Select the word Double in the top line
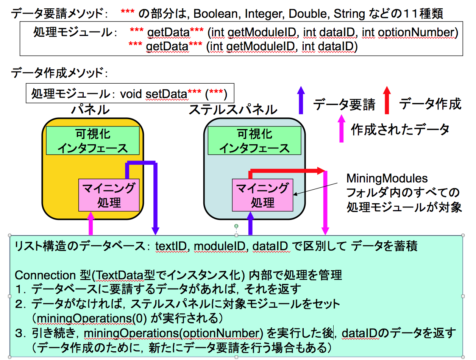[309, 14]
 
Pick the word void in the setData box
[131, 94]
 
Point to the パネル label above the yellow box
[91, 109]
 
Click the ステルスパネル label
[233, 109]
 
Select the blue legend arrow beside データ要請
[301, 100]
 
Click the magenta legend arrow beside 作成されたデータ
[342, 128]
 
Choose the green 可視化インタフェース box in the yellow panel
[92, 141]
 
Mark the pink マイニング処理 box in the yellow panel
[109, 195]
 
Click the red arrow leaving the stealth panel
[288, 171]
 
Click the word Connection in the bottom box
[40, 275]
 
